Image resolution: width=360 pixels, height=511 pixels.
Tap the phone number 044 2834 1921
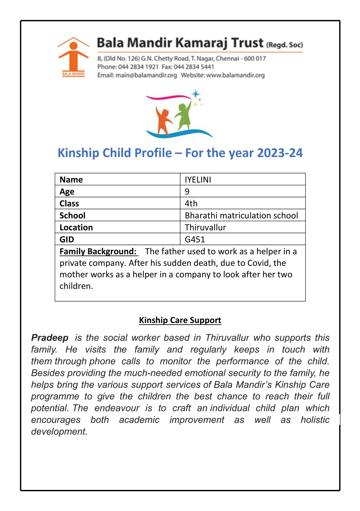(x=138, y=67)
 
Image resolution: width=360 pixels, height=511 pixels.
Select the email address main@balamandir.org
(x=146, y=75)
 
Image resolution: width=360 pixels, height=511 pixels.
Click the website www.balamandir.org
(x=235, y=75)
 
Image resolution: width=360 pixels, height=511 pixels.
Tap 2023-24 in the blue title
(x=280, y=153)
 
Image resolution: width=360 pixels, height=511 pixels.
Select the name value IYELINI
(x=198, y=180)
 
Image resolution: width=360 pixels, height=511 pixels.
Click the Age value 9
(x=187, y=191)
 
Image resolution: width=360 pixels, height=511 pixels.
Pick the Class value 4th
(x=191, y=203)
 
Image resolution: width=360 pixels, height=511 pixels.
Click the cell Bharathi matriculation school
(x=241, y=215)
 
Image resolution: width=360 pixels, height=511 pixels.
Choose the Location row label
(x=76, y=228)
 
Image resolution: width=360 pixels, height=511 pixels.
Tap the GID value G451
(x=195, y=239)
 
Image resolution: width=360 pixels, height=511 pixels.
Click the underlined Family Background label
(x=98, y=251)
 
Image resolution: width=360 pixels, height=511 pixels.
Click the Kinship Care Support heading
(x=180, y=320)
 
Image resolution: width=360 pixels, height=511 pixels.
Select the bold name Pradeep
(x=50, y=338)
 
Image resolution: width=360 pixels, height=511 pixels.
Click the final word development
(x=59, y=431)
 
